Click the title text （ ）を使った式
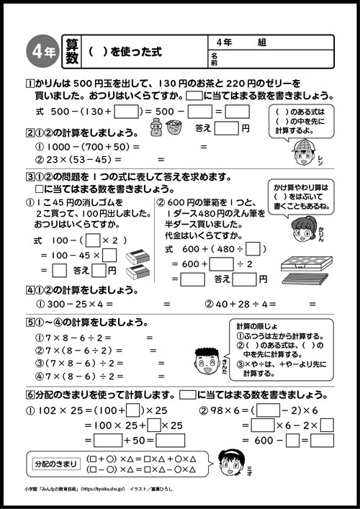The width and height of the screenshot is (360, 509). click(125, 53)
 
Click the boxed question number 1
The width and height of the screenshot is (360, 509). click(29, 83)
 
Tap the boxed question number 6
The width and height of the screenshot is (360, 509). click(29, 395)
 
